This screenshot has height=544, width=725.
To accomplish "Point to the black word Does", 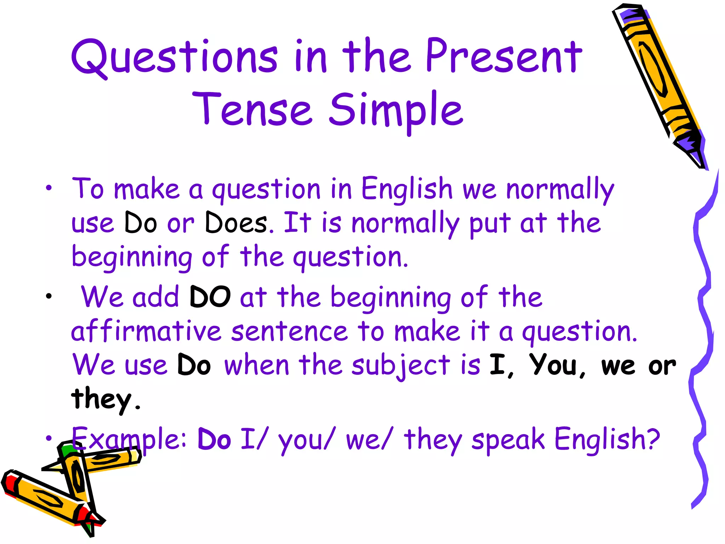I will coord(236,223).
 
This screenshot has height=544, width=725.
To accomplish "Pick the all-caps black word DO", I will coord(210,297).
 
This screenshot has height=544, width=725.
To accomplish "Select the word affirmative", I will coord(146,331).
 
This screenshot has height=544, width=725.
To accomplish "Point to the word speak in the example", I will coord(508,440).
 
